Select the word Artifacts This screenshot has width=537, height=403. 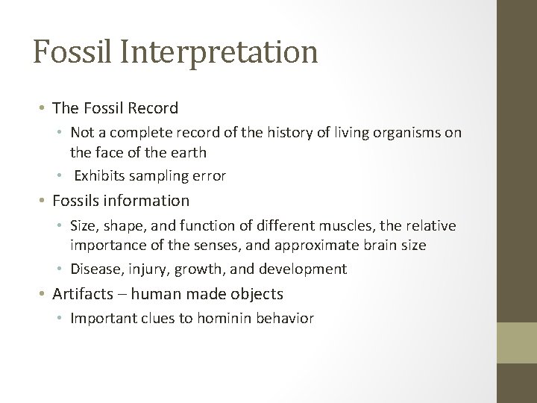pos(82,293)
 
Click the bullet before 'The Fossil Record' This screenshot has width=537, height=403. pos(43,108)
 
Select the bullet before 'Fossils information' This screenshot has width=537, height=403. pos(43,201)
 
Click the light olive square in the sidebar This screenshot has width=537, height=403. pos(517,343)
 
